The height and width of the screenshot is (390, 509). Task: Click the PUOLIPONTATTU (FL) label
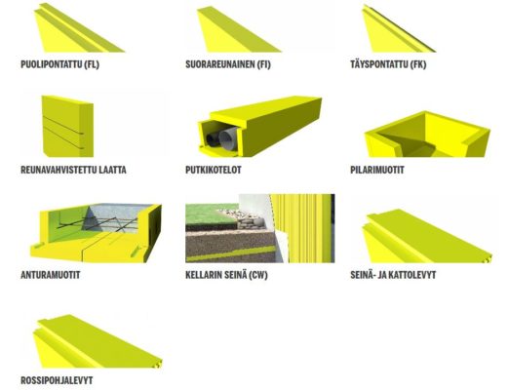(x=59, y=64)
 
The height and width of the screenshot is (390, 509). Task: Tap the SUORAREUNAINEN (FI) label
(x=228, y=64)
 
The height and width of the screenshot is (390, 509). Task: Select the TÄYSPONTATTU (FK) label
(x=388, y=64)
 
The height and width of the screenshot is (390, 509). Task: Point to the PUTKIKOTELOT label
(x=214, y=170)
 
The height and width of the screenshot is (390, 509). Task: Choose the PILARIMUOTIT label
(x=377, y=170)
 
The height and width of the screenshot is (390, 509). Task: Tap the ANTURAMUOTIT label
(x=50, y=275)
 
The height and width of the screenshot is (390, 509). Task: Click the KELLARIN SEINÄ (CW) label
(x=226, y=275)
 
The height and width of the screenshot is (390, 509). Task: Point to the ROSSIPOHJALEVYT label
(x=57, y=380)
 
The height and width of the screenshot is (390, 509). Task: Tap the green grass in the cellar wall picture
(x=212, y=214)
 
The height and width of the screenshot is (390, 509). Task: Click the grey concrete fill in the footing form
(x=117, y=217)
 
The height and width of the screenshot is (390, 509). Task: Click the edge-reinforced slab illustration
(x=67, y=127)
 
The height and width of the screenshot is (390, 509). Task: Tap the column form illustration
(x=427, y=135)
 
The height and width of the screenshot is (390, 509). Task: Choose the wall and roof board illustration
(x=426, y=237)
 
